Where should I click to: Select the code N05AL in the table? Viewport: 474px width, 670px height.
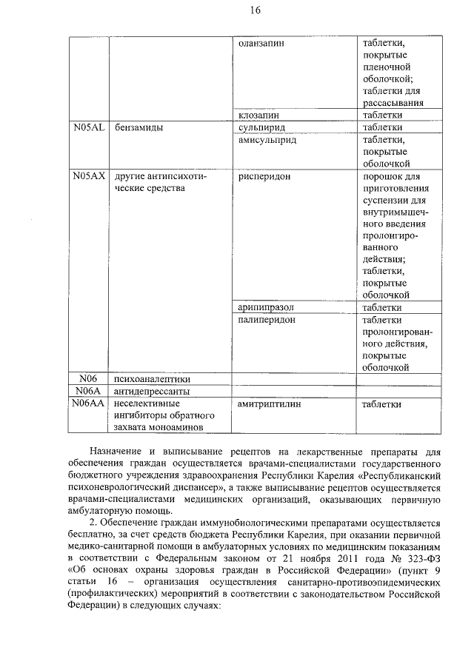89,127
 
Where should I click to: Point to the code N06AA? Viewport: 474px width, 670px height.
89,403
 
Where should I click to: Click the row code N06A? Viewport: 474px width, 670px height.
89,391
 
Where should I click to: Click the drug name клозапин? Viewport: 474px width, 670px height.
258,115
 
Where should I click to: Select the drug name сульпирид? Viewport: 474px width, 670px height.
262,127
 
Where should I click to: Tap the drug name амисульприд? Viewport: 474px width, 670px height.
267,139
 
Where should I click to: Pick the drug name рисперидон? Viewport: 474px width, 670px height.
265,177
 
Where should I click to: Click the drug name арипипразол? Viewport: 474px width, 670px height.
267,307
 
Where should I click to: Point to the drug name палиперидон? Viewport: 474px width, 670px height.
267,319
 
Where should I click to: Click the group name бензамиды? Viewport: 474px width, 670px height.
138,127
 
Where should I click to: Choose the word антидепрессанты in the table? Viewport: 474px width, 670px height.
152,391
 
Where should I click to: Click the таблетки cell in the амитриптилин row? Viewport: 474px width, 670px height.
382,404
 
